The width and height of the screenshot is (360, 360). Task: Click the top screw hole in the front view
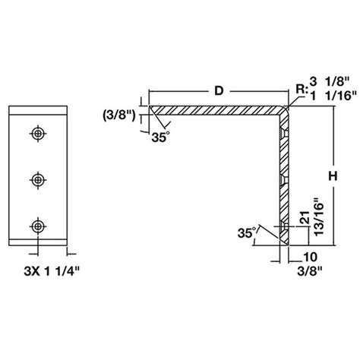pos(37,134)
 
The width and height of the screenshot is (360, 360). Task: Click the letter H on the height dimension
pos(332,175)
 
